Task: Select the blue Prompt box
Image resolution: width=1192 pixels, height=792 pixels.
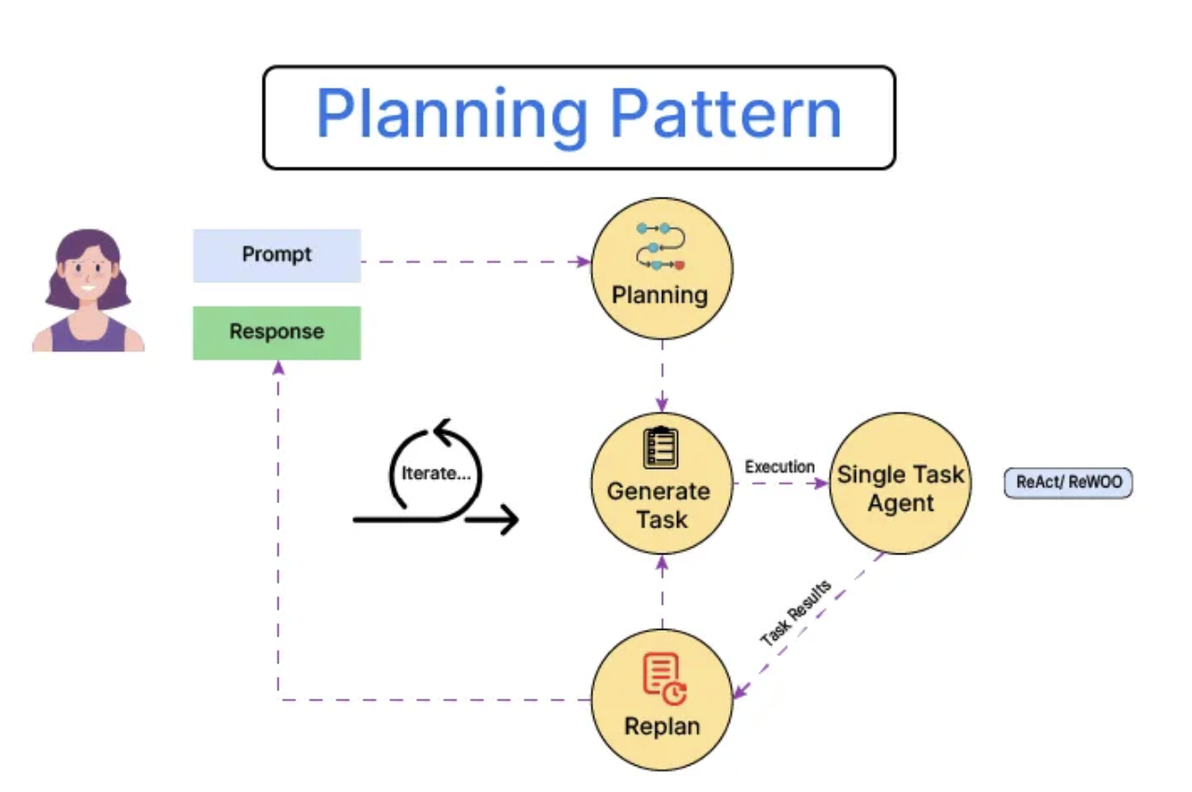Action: coord(277,255)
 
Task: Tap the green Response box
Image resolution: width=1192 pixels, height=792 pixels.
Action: coord(277,333)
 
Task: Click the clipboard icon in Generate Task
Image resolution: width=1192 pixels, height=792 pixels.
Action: coord(660,447)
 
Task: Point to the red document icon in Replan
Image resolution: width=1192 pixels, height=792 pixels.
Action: coord(665,678)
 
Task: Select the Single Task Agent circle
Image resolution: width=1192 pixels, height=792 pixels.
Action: coord(901,484)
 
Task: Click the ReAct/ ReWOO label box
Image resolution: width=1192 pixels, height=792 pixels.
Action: coord(1068,483)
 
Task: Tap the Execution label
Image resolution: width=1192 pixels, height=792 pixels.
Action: coord(779,467)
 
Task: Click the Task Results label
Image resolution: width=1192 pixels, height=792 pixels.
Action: coord(795,612)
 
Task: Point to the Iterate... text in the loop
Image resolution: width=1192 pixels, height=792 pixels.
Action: coord(437,473)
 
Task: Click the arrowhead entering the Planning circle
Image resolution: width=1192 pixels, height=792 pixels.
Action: coord(584,261)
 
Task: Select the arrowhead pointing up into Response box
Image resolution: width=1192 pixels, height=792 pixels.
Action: coord(278,368)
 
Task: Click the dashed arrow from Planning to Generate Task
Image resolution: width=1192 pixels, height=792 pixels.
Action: coord(662,376)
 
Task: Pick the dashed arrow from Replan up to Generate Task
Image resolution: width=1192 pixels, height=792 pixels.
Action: coord(662,592)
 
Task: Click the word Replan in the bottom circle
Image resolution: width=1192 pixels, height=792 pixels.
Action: coord(662,727)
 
